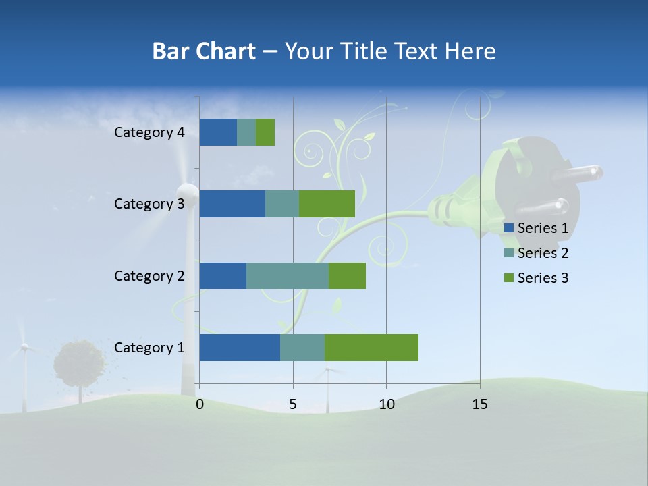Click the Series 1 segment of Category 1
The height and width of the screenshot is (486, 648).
[240, 348]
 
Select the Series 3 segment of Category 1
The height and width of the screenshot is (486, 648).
[371, 348]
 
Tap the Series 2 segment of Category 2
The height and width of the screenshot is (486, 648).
[288, 275]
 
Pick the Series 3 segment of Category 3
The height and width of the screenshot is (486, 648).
[327, 204]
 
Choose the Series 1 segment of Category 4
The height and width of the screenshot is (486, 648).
[218, 132]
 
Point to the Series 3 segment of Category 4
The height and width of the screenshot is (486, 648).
[265, 132]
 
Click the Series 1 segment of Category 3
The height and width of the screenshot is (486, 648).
[232, 204]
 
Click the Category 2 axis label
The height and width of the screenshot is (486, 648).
[148, 275]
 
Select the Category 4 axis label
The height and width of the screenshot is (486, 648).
[148, 132]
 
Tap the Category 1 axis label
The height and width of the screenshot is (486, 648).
[148, 348]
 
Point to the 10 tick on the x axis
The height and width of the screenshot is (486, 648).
[386, 404]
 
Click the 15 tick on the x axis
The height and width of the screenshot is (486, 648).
[479, 404]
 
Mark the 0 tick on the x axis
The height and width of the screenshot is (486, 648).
[200, 404]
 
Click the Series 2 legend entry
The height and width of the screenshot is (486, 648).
[543, 253]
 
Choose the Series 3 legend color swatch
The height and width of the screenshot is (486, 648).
[508, 278]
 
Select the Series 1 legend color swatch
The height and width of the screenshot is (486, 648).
[508, 228]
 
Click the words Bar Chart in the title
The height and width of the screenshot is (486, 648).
[203, 51]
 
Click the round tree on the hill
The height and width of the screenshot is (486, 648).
[80, 363]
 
